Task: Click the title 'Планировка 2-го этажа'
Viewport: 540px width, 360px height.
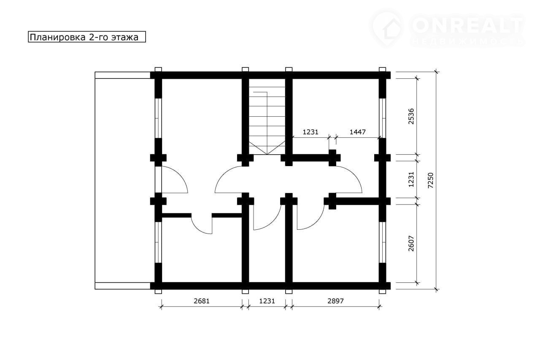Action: click(84, 37)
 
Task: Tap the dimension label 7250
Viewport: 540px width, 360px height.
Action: click(430, 180)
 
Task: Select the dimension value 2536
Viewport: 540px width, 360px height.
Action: click(411, 116)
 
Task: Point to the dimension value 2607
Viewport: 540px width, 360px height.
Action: click(411, 244)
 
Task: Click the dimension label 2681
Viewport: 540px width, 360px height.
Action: click(202, 301)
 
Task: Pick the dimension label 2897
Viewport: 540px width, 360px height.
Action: click(335, 301)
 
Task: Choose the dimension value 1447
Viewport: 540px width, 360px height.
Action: click(357, 132)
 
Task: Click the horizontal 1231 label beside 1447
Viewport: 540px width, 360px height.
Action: click(310, 132)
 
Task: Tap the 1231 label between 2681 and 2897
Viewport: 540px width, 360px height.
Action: click(267, 301)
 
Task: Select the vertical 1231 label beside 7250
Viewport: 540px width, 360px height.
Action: click(411, 179)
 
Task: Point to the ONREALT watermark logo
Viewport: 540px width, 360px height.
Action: click(447, 28)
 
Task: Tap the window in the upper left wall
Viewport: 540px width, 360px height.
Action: click(158, 118)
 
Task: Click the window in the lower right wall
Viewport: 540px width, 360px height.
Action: click(382, 242)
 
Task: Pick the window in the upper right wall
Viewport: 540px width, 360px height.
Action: click(382, 118)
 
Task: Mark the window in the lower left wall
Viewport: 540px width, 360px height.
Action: click(158, 242)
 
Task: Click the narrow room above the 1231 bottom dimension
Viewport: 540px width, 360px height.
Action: click(267, 243)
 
